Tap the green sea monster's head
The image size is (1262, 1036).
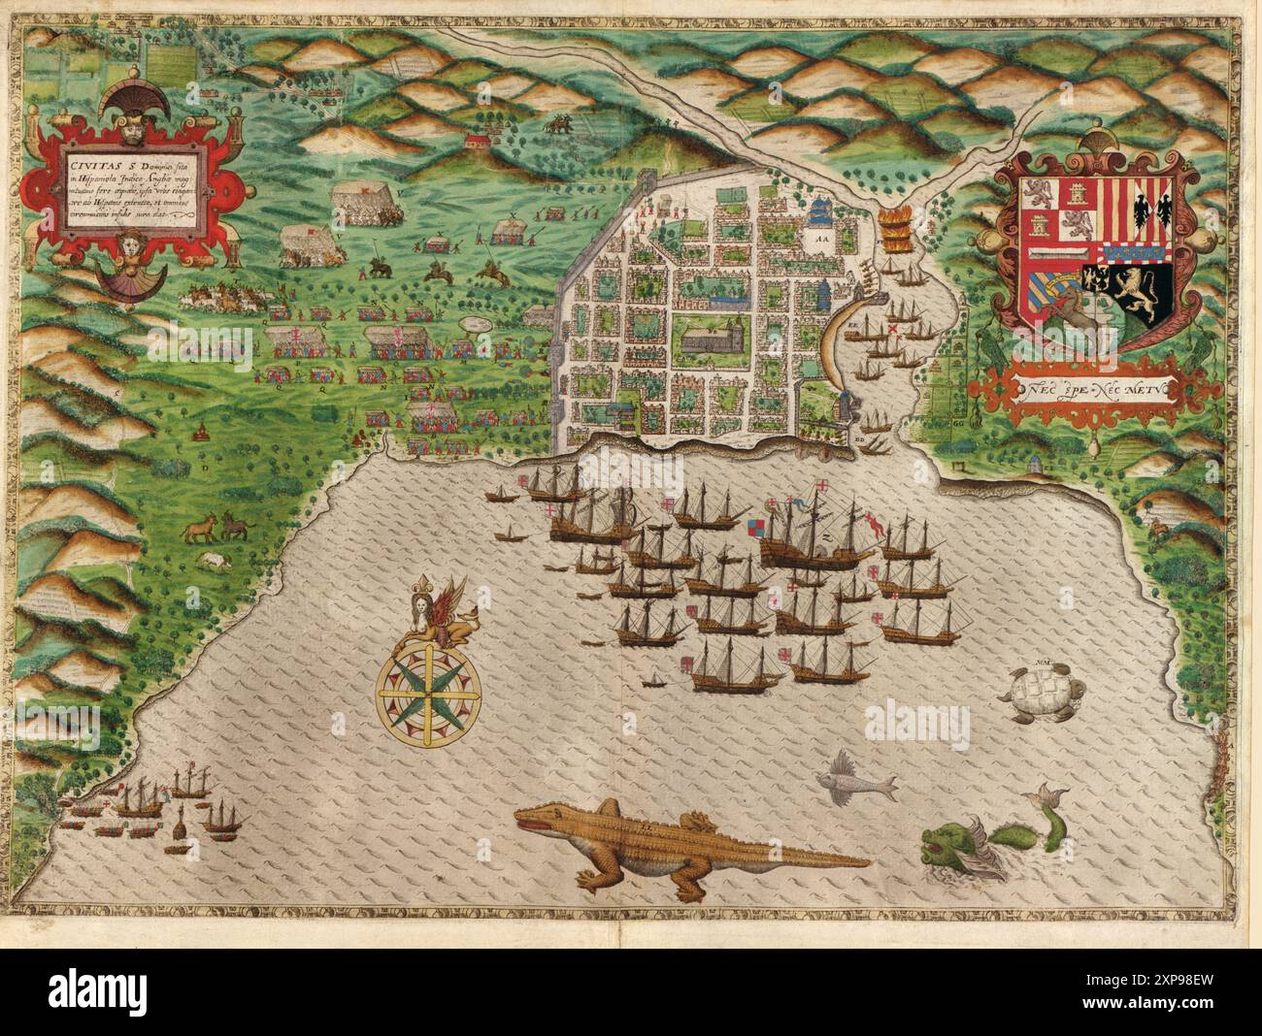click(944, 843)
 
